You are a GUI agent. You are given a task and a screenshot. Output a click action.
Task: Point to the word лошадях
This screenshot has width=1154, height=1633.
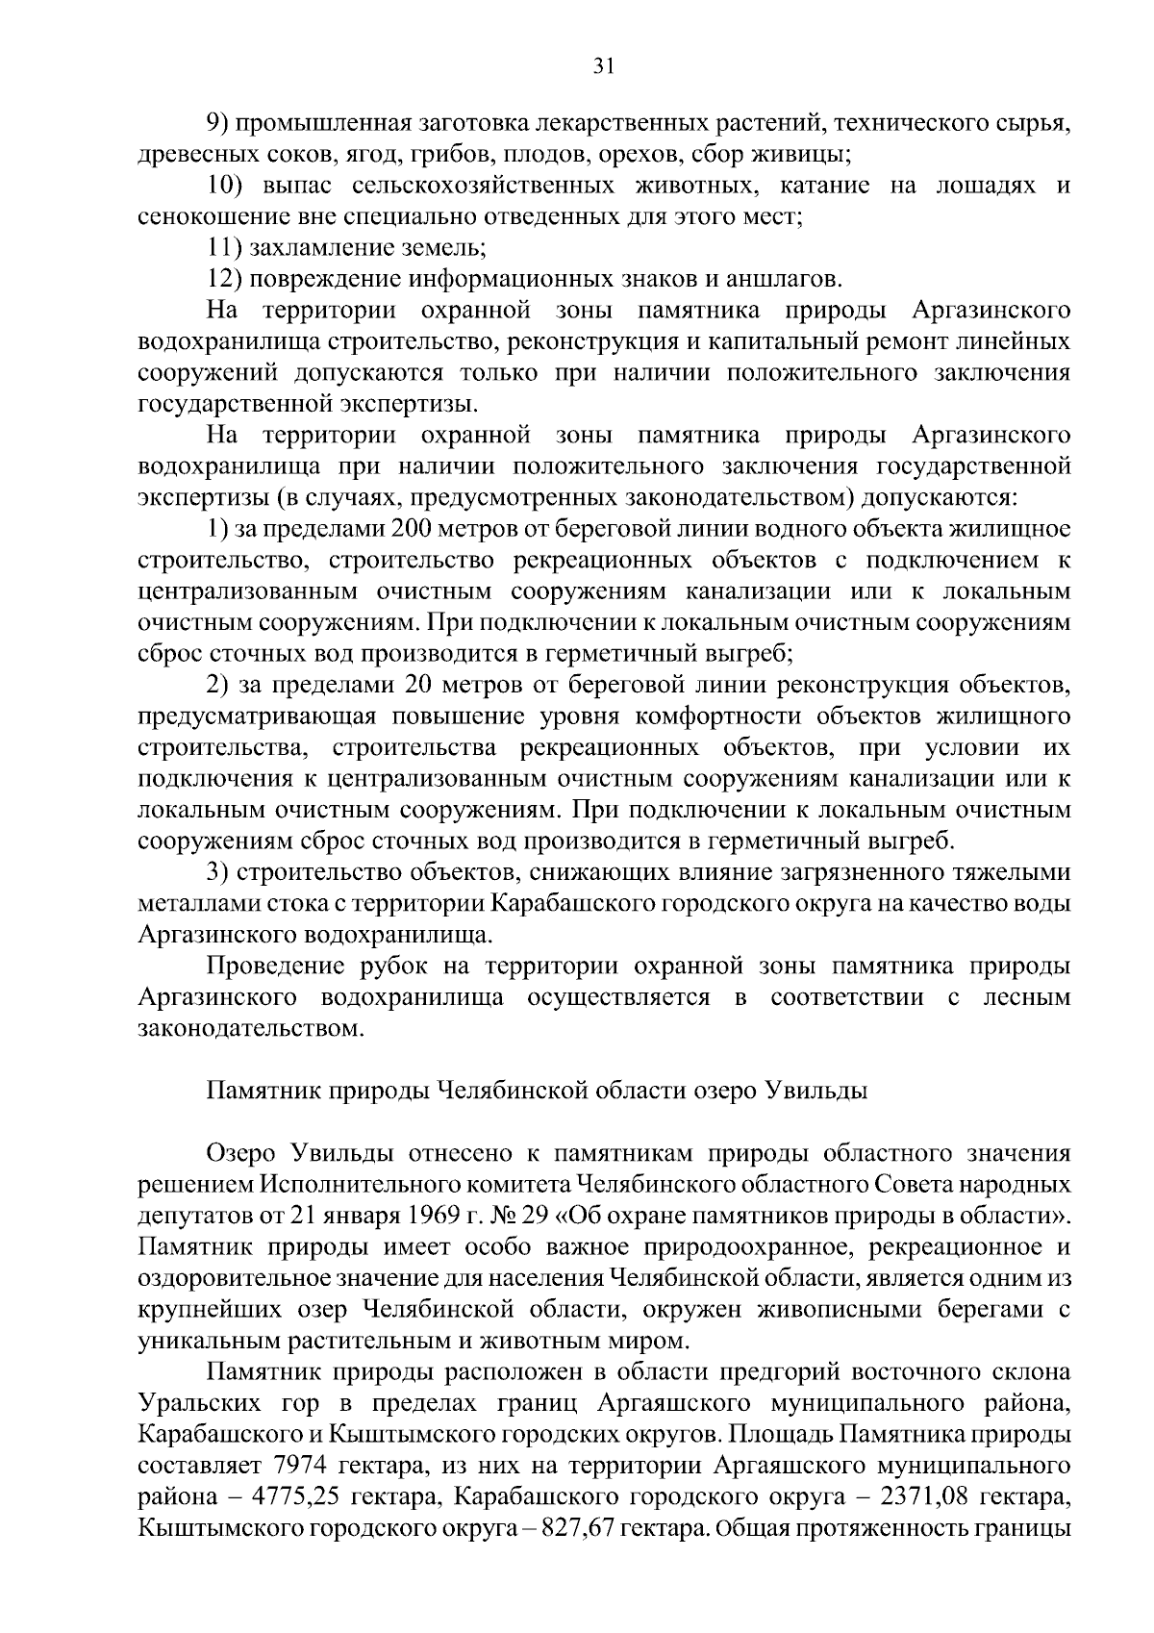pos(985,186)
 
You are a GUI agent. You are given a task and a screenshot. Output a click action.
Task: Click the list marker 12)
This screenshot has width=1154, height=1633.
pos(223,280)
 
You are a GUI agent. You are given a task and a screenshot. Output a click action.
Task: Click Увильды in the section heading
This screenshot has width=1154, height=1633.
pos(817,1092)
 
